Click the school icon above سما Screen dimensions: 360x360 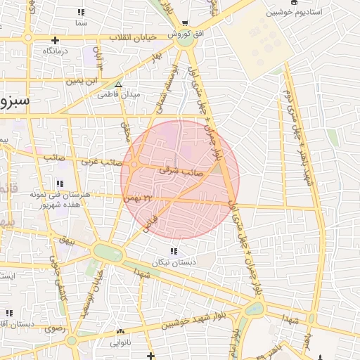click(81, 12)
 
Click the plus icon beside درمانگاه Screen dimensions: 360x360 click(55, 39)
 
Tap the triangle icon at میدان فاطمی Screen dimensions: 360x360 click(118, 84)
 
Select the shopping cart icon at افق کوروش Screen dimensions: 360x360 click(185, 22)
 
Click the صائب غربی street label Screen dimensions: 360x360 click(99, 161)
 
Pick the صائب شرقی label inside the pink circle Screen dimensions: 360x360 click(181, 169)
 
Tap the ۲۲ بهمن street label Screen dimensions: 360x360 click(138, 198)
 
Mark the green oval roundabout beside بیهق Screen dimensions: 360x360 click(108, 252)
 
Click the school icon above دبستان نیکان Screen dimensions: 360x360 click(173, 251)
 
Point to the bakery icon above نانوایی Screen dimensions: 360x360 click(120, 332)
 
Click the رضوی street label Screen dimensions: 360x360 click(55, 328)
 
